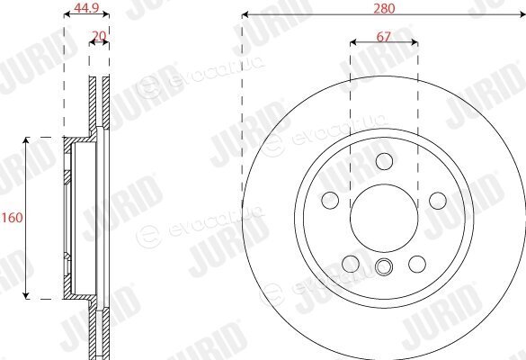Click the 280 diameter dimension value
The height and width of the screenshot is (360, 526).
pos(384,8)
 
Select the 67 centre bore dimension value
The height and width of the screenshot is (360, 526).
pos(383,37)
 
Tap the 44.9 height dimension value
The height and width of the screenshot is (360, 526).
pos(86,8)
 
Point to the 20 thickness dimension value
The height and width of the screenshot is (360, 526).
pos(99,36)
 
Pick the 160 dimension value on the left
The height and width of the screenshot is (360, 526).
pos(13,218)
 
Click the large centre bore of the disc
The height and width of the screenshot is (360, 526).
pos(384,218)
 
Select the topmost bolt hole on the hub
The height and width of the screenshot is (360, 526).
pos(384,161)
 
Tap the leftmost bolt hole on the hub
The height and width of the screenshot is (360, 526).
pos(330,201)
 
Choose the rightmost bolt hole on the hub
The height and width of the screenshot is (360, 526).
pos(438,201)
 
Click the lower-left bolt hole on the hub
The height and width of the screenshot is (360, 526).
pos(351,264)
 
